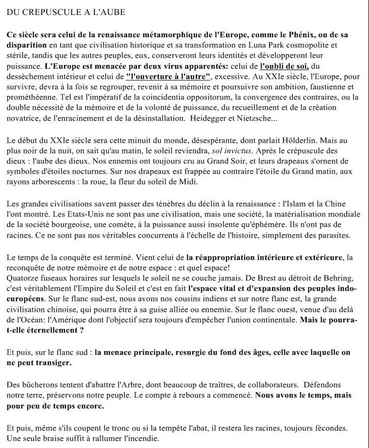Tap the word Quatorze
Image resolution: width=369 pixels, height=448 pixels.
pyautogui.click(x=23, y=278)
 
